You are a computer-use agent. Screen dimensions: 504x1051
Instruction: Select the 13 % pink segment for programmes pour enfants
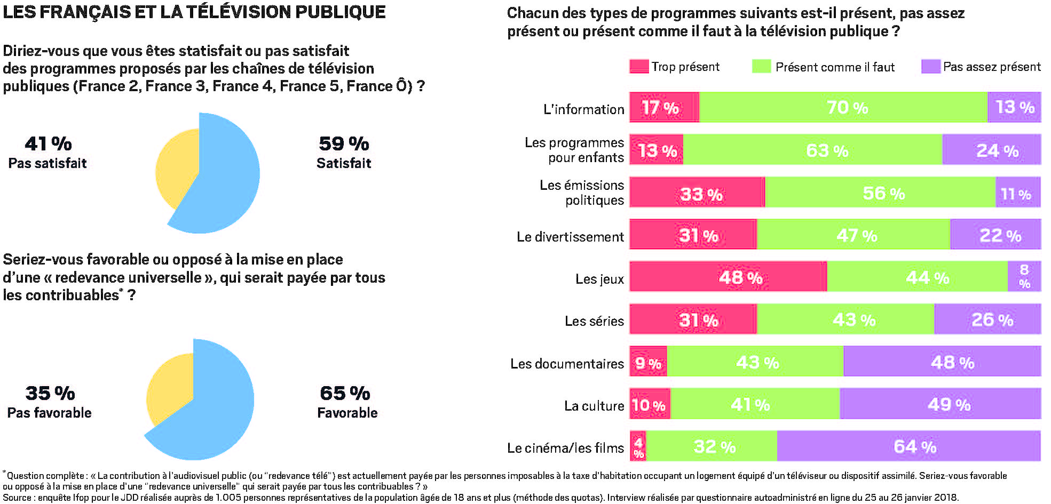[x=657, y=150]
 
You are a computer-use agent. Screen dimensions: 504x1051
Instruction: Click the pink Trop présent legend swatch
[x=639, y=67]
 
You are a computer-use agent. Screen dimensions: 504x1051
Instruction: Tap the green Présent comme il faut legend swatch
[x=761, y=67]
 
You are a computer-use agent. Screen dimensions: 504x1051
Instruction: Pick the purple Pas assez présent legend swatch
[x=930, y=67]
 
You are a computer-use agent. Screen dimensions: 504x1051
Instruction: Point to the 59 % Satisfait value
[x=344, y=143]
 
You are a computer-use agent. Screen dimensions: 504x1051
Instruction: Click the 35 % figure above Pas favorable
[x=50, y=393]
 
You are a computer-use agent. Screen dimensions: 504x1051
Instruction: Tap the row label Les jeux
[x=599, y=279]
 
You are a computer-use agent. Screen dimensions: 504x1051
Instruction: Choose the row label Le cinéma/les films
[x=565, y=448]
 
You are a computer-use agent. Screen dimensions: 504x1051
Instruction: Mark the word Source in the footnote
[x=17, y=498]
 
